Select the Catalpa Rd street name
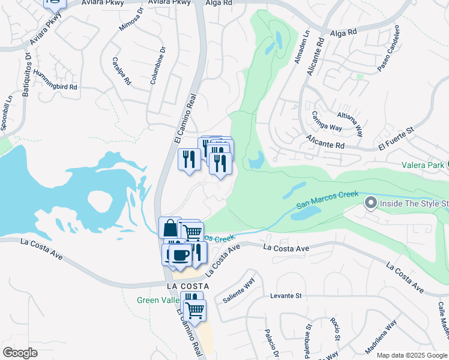(x=121, y=71)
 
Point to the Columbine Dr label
(x=157, y=65)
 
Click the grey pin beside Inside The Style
(x=370, y=204)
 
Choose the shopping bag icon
(x=170, y=227)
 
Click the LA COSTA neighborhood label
(x=187, y=286)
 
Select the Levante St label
(x=285, y=296)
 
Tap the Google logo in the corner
(x=20, y=353)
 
